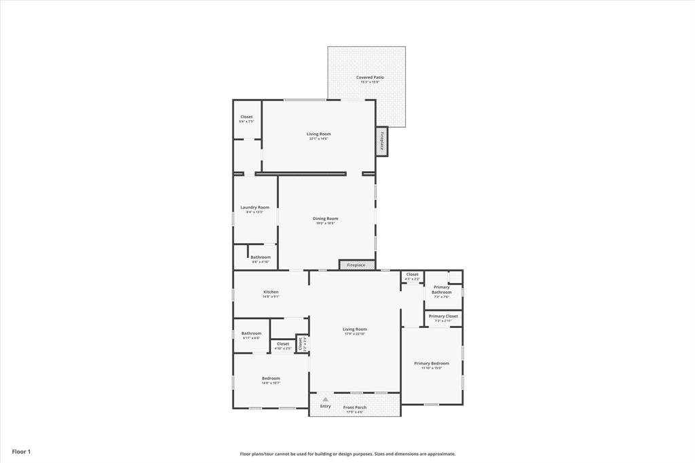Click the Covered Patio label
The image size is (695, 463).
pyautogui.click(x=370, y=77)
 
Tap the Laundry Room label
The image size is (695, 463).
pyautogui.click(x=255, y=207)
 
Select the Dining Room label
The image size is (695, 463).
pyautogui.click(x=325, y=219)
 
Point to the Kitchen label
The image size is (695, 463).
pyautogui.click(x=271, y=292)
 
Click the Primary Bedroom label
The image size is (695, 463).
pyautogui.click(x=431, y=363)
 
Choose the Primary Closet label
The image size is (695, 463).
pyautogui.click(x=443, y=316)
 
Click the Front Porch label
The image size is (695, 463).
pyautogui.click(x=354, y=407)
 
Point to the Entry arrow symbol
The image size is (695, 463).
pyautogui.click(x=326, y=399)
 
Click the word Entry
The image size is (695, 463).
pyautogui.click(x=326, y=406)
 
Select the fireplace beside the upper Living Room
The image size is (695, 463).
pyautogui.click(x=382, y=143)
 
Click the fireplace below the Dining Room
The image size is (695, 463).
pyautogui.click(x=356, y=265)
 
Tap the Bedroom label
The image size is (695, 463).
pyautogui.click(x=271, y=378)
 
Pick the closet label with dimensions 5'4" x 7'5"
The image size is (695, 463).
pyautogui.click(x=246, y=117)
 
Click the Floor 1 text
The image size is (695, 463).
pyautogui.click(x=21, y=451)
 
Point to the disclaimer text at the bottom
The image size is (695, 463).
pyautogui.click(x=347, y=453)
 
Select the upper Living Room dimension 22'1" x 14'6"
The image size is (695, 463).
pyautogui.click(x=318, y=138)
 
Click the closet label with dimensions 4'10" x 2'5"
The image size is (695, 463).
pyautogui.click(x=283, y=344)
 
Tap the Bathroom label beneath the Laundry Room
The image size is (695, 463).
pyautogui.click(x=261, y=257)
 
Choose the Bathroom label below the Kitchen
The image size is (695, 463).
pyautogui.click(x=251, y=333)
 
